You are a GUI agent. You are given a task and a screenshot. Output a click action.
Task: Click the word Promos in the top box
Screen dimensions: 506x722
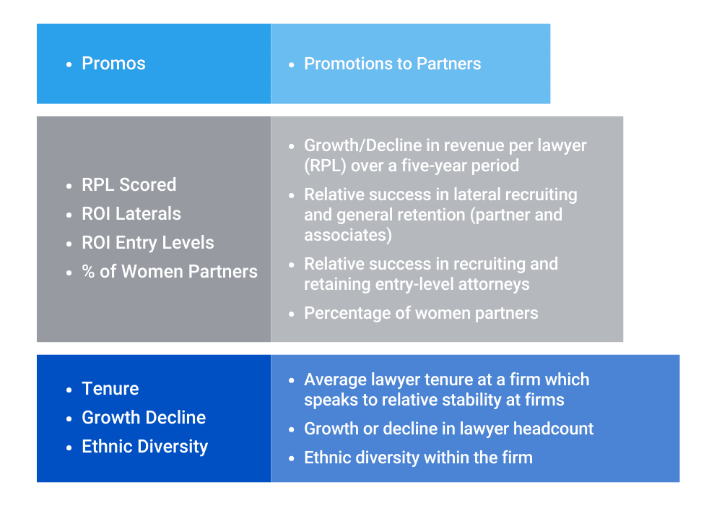(113, 64)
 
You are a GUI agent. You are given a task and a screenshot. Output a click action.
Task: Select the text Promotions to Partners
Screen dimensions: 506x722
(392, 64)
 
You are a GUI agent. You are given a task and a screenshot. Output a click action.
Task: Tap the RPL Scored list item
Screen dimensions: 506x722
(129, 185)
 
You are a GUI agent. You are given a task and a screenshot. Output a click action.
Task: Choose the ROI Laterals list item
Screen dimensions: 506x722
(131, 214)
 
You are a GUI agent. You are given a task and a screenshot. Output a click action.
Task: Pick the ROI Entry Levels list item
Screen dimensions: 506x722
(148, 243)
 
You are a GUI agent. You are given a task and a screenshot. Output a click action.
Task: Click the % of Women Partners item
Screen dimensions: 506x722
(170, 272)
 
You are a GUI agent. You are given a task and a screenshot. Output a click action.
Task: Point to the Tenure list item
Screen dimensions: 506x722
(110, 389)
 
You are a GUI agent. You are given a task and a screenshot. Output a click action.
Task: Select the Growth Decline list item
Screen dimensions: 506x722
(144, 418)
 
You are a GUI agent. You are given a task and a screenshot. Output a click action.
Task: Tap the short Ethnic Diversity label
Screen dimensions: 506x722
(144, 447)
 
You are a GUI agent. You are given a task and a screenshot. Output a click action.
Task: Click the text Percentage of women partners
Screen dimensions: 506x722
(421, 313)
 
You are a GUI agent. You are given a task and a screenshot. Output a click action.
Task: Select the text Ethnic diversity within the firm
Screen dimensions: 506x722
(418, 458)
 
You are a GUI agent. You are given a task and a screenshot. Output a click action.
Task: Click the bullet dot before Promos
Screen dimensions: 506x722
(69, 64)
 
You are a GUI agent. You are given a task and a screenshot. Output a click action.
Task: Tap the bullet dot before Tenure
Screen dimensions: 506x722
(69, 390)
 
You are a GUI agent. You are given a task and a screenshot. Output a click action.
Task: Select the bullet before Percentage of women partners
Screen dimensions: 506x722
(291, 314)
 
